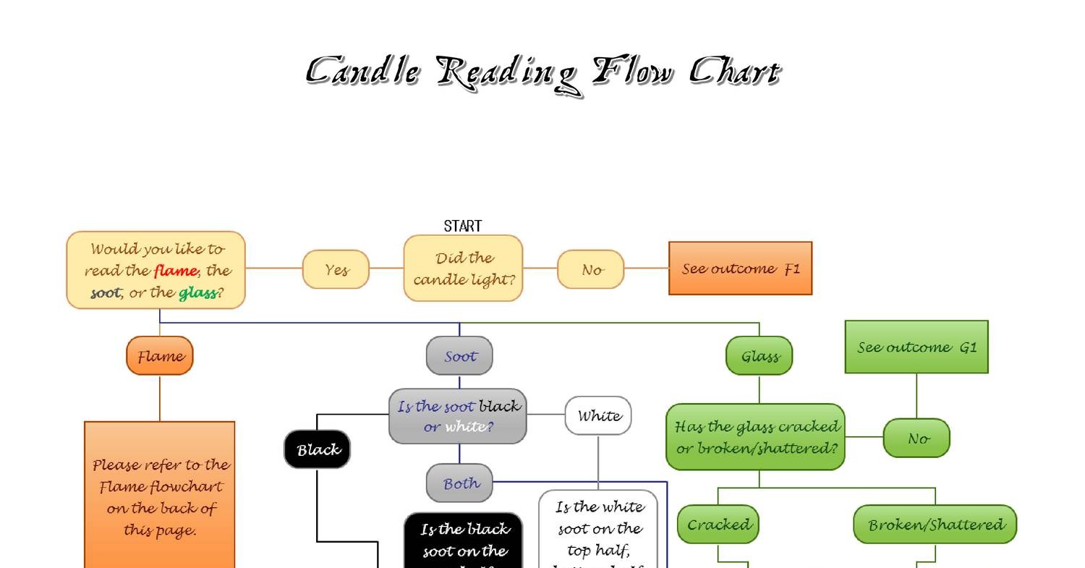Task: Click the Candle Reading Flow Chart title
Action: (542, 73)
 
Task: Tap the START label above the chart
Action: (462, 226)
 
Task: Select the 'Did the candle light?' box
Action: (463, 268)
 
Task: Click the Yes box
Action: (336, 269)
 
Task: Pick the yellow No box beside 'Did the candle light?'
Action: (590, 269)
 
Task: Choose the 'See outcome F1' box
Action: (740, 268)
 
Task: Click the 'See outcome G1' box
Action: (916, 347)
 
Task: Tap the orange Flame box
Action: (160, 356)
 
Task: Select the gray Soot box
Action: (459, 356)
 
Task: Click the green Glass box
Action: (759, 356)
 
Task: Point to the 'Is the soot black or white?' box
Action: (458, 416)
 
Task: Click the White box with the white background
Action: (598, 415)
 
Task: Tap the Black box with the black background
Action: (318, 449)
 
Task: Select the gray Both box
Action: (459, 483)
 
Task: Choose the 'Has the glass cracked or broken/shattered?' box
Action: (756, 437)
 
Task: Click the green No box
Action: (916, 438)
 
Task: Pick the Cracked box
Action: (718, 524)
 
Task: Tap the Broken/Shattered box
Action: (935, 524)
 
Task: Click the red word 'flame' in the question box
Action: (175, 271)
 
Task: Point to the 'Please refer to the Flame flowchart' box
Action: (160, 496)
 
